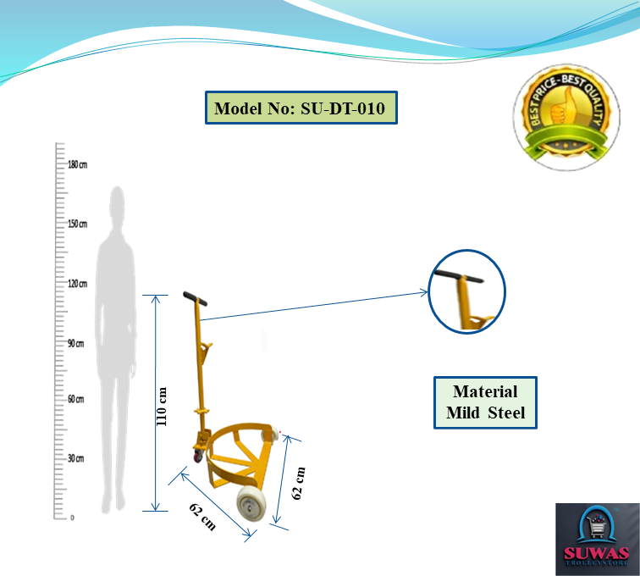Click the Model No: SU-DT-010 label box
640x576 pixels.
tap(301, 108)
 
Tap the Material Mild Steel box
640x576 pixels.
tap(485, 402)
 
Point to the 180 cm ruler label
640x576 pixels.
tap(78, 164)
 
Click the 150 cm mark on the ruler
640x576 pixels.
tap(78, 224)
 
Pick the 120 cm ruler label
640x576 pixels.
tap(78, 284)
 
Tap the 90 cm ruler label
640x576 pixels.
tap(76, 343)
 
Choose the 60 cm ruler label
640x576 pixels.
tap(76, 398)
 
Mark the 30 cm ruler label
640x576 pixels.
tap(76, 458)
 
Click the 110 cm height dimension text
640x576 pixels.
tap(164, 405)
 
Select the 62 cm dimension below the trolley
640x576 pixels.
tap(202, 516)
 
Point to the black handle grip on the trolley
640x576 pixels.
tap(196, 298)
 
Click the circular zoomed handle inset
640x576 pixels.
tap(466, 290)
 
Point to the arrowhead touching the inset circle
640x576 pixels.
tap(425, 293)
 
